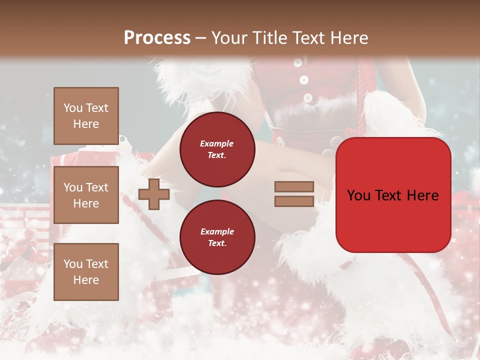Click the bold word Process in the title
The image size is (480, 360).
[x=157, y=38]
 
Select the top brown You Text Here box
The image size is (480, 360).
[x=86, y=116]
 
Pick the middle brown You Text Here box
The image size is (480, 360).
[x=86, y=195]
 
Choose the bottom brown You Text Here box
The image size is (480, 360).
[x=86, y=271]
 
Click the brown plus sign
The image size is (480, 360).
[x=154, y=194]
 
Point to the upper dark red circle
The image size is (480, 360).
[x=217, y=149]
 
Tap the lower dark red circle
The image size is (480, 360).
[x=217, y=237]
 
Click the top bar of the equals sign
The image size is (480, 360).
[x=294, y=186]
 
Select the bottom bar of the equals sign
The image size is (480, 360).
[x=294, y=201]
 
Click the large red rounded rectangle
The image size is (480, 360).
[x=393, y=195]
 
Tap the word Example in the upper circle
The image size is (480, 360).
[x=216, y=143]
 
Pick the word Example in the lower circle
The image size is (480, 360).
[x=216, y=231]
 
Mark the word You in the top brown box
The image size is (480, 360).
[x=72, y=108]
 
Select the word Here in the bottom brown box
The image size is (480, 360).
[x=86, y=280]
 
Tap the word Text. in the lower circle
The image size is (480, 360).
[x=217, y=243]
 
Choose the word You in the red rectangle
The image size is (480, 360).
[x=358, y=195]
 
